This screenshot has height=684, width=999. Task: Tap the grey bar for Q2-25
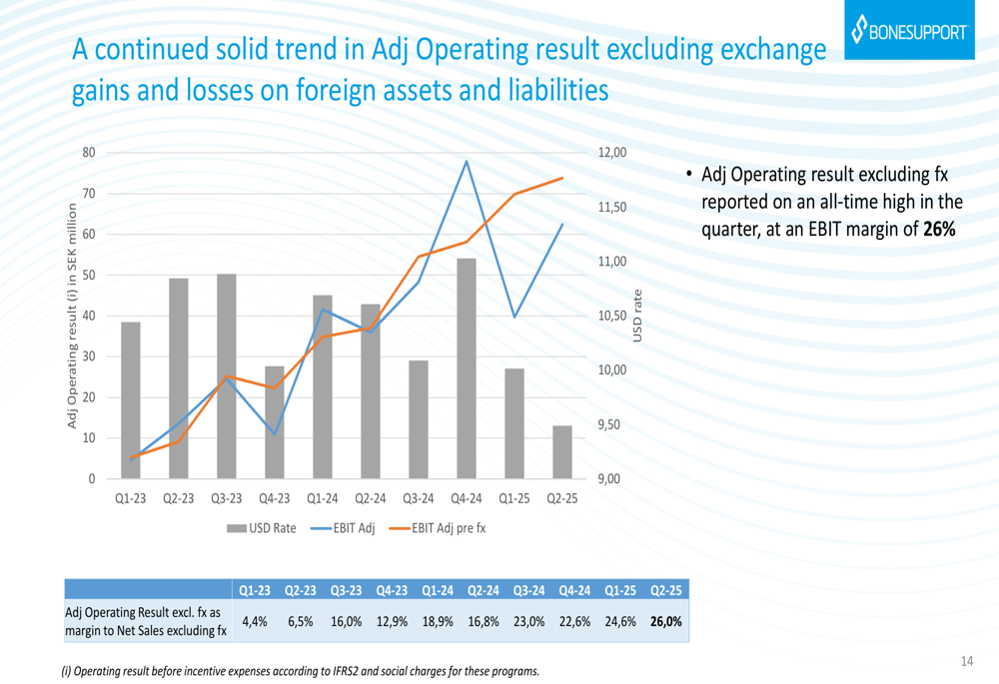tap(562, 452)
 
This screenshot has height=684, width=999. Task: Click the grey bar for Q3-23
tap(227, 376)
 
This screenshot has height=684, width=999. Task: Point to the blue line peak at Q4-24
tap(467, 161)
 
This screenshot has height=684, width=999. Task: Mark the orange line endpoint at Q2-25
tap(562, 178)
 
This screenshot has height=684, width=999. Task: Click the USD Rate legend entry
tap(262, 528)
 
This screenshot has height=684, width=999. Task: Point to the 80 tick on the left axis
tap(89, 153)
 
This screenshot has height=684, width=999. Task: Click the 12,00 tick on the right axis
tap(612, 153)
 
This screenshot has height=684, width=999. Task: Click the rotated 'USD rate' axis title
tap(638, 317)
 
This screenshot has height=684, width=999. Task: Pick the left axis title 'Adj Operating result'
tap(72, 317)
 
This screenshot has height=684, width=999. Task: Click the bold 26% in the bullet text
tap(939, 230)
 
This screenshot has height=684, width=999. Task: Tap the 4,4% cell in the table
tap(254, 621)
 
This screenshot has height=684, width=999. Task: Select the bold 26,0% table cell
tap(665, 621)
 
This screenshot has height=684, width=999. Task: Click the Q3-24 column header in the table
tap(529, 591)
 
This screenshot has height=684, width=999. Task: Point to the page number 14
tap(966, 661)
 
